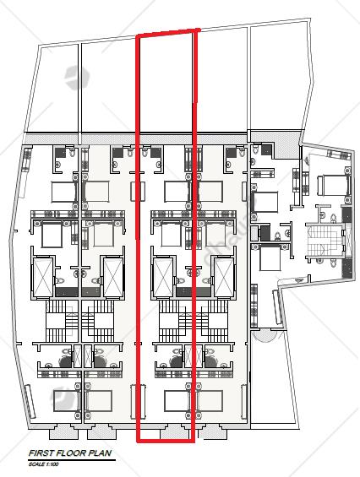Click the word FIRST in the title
[x=40, y=453]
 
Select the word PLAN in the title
[x=100, y=453]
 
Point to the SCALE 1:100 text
[x=44, y=464]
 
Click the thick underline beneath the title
[x=72, y=459]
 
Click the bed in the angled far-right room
[x=333, y=185]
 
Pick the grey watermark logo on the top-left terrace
[x=77, y=78]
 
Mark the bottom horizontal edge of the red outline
[x=166, y=440]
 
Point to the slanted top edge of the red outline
[x=168, y=33]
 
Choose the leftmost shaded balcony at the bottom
[x=63, y=432]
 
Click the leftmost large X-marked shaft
[x=42, y=277]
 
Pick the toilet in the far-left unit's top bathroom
[x=72, y=152]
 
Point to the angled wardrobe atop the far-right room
[x=339, y=154]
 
